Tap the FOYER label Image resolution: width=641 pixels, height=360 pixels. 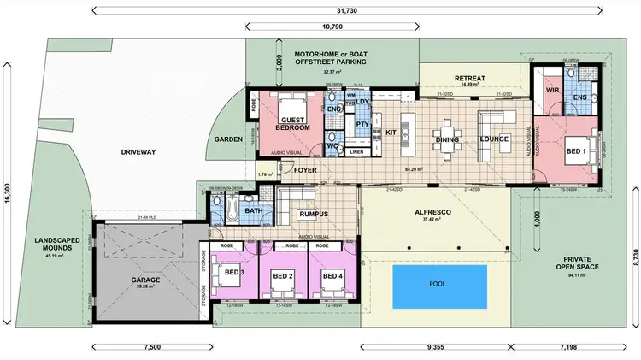(306, 170)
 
